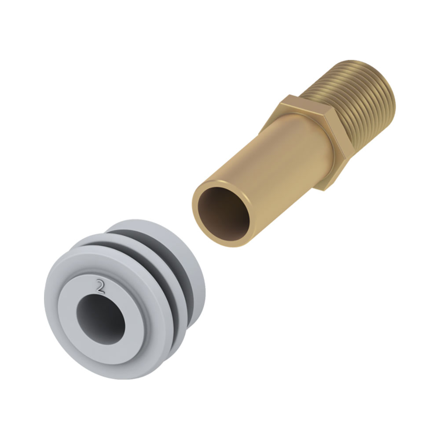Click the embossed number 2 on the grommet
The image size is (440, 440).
pyautogui.click(x=100, y=286)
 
